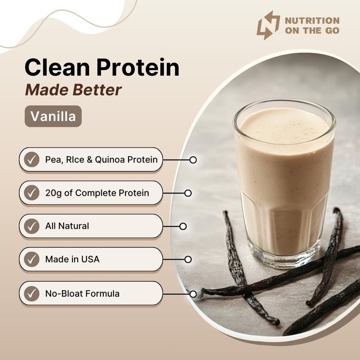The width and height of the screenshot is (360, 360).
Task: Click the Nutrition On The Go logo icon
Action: tap(268, 25)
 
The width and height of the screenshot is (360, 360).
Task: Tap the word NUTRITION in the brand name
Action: tap(312, 21)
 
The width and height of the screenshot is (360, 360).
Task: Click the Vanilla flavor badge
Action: tap(53, 116)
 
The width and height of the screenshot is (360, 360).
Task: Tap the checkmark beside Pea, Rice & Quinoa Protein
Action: tap(32, 160)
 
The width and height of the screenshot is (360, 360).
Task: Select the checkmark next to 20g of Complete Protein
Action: tap(32, 193)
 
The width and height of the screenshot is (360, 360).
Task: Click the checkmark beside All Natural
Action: tap(32, 226)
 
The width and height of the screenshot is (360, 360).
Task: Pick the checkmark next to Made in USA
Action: tap(32, 259)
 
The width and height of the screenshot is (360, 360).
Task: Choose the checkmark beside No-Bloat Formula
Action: tap(32, 293)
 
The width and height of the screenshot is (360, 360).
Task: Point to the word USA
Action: tap(90, 259)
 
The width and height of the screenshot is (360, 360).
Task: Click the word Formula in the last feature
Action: tap(103, 293)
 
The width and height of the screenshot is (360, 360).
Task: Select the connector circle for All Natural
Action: tap(183, 226)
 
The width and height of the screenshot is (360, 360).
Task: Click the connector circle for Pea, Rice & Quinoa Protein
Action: tap(193, 160)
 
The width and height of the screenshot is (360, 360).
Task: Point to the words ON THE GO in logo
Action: tap(312, 31)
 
